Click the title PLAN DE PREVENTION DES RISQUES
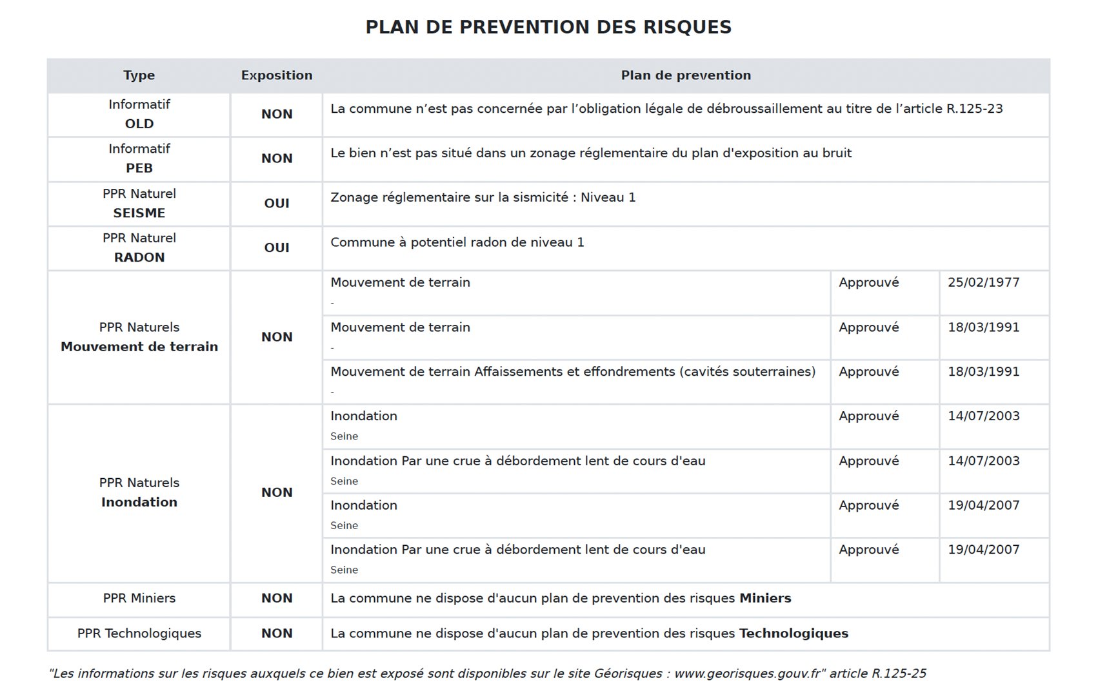point(548,27)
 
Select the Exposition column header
point(276,75)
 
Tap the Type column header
point(139,75)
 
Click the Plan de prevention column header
point(685,75)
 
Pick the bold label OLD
point(139,124)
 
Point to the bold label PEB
point(139,168)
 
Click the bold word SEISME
point(139,213)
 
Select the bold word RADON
point(139,258)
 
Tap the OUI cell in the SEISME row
point(276,204)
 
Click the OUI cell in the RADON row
point(276,248)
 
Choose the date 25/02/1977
point(983,283)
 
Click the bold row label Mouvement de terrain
point(139,347)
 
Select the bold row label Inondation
point(139,503)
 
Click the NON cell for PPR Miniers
point(276,599)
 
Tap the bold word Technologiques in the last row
point(793,634)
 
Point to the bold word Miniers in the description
point(764,599)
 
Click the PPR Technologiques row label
point(139,634)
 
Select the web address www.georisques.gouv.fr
point(747,674)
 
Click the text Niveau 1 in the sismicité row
point(608,198)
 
